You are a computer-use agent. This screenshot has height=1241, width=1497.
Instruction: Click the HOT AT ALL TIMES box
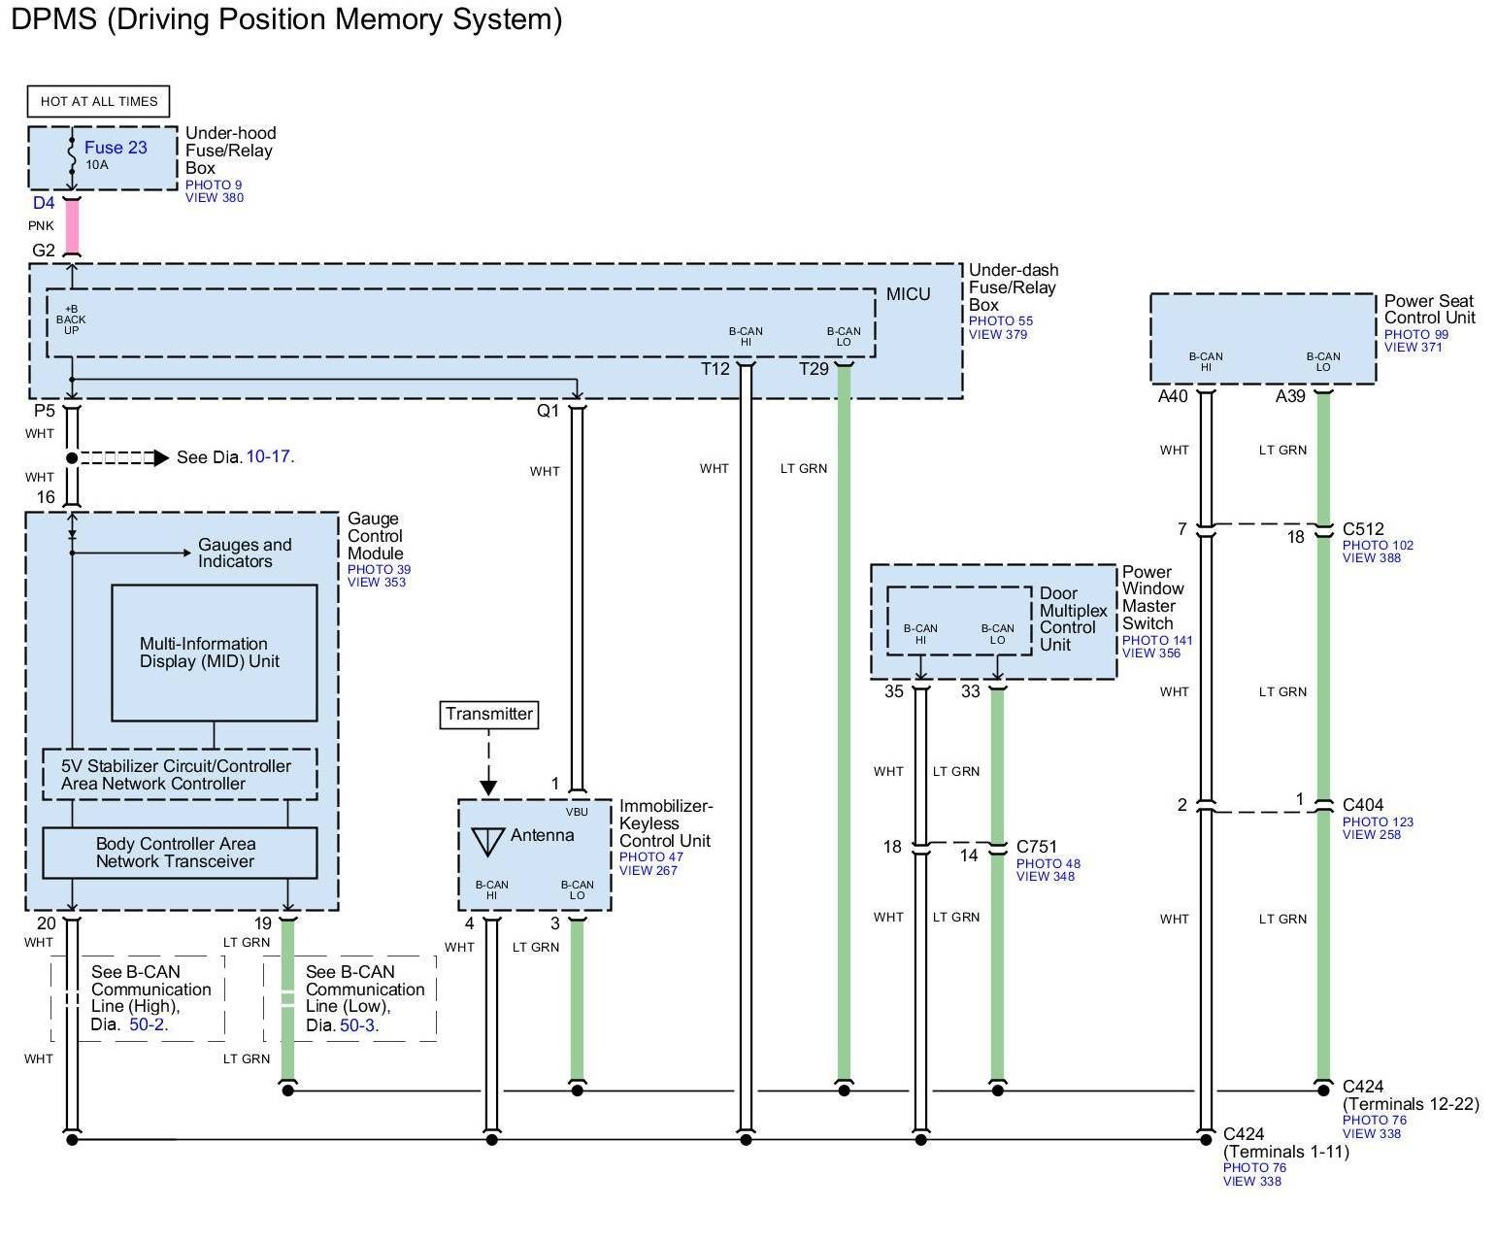98,101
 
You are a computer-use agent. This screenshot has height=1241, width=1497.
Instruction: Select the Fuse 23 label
116,147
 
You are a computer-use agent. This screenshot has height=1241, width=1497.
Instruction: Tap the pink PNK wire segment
72,226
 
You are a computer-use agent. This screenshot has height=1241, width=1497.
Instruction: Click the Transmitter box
489,715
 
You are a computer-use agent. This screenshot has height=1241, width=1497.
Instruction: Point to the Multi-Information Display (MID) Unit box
215,653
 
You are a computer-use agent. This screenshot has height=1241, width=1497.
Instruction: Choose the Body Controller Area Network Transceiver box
180,853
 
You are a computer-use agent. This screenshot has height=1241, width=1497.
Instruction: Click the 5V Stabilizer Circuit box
180,775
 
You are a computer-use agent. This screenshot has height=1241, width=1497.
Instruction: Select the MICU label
908,294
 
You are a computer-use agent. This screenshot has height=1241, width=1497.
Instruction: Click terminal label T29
814,369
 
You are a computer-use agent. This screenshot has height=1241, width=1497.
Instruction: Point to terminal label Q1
548,411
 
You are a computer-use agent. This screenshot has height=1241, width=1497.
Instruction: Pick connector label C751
1036,847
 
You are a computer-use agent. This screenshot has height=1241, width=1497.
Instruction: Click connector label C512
1363,528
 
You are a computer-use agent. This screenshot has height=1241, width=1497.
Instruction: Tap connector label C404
1363,805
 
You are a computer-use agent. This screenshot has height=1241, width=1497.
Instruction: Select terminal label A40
1173,396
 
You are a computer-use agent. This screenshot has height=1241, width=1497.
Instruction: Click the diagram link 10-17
268,456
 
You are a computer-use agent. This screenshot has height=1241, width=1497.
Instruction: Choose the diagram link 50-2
147,1024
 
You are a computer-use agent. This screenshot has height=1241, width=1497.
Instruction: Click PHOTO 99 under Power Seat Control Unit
1416,334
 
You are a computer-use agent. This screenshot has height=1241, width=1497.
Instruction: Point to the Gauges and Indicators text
245,553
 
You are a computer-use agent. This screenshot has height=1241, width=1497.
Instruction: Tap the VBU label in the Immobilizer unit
577,812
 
